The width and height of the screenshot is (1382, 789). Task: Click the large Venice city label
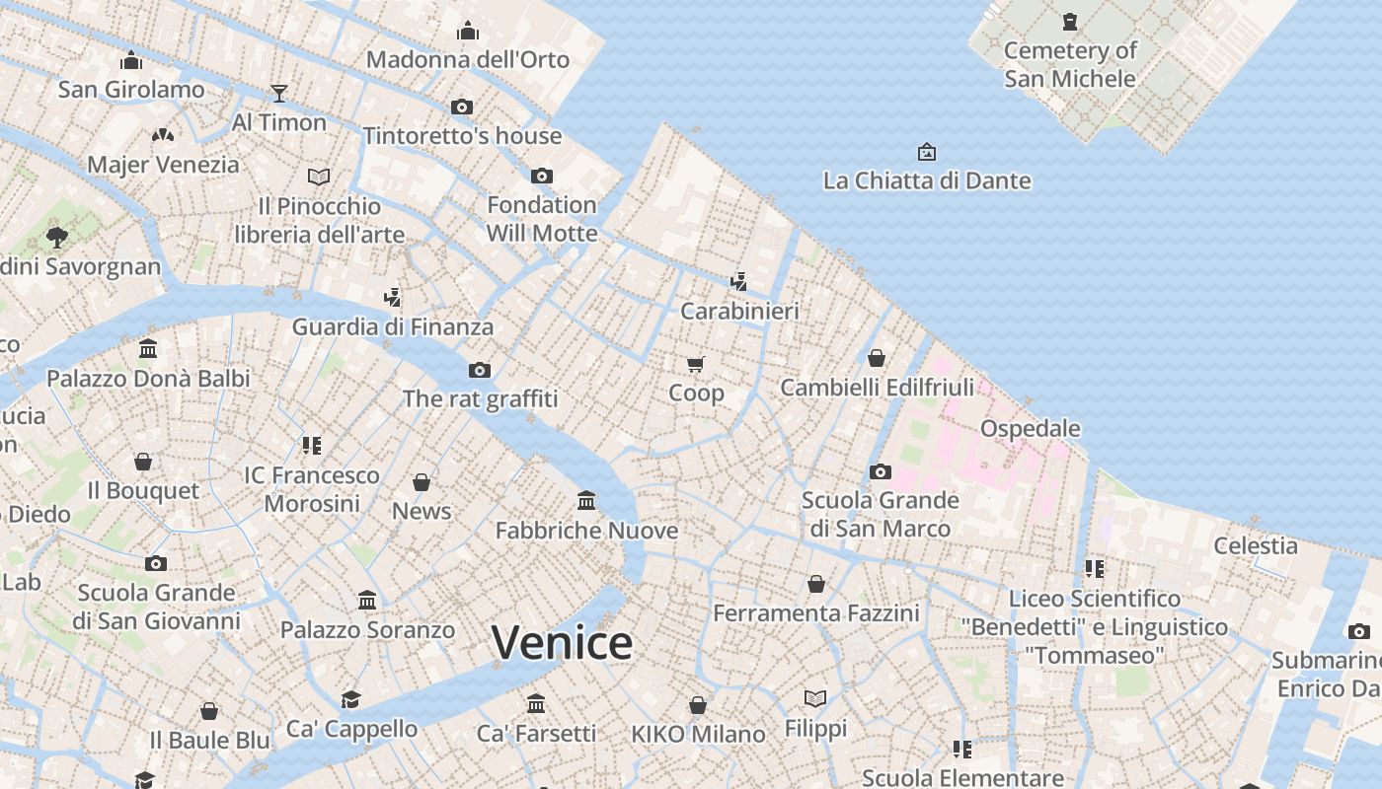(562, 643)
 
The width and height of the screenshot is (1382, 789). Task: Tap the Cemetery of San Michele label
(1070, 64)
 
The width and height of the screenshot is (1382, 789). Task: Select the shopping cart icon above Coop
(696, 364)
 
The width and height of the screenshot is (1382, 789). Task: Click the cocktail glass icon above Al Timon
(279, 94)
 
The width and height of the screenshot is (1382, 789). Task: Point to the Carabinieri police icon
(738, 282)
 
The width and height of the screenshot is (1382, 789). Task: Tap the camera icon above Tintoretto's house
(461, 107)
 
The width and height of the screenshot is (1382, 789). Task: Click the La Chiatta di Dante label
(926, 180)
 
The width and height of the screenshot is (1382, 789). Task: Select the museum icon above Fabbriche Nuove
(586, 501)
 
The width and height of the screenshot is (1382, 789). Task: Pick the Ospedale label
(1030, 429)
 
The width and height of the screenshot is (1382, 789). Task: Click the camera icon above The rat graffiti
(480, 370)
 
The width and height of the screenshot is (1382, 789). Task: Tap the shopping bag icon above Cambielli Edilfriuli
(876, 358)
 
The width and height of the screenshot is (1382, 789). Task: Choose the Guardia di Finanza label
(392, 326)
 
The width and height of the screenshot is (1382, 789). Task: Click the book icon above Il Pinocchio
(319, 177)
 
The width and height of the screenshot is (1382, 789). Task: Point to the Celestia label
(1256, 545)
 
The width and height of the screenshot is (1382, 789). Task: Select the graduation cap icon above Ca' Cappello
(350, 699)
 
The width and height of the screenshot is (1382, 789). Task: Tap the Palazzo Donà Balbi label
(148, 379)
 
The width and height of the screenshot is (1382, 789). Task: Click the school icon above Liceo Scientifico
(1094, 569)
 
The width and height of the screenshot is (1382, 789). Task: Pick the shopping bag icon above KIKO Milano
(698, 705)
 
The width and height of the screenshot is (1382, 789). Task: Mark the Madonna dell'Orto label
(468, 60)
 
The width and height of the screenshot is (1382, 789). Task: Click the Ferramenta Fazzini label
(815, 613)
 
